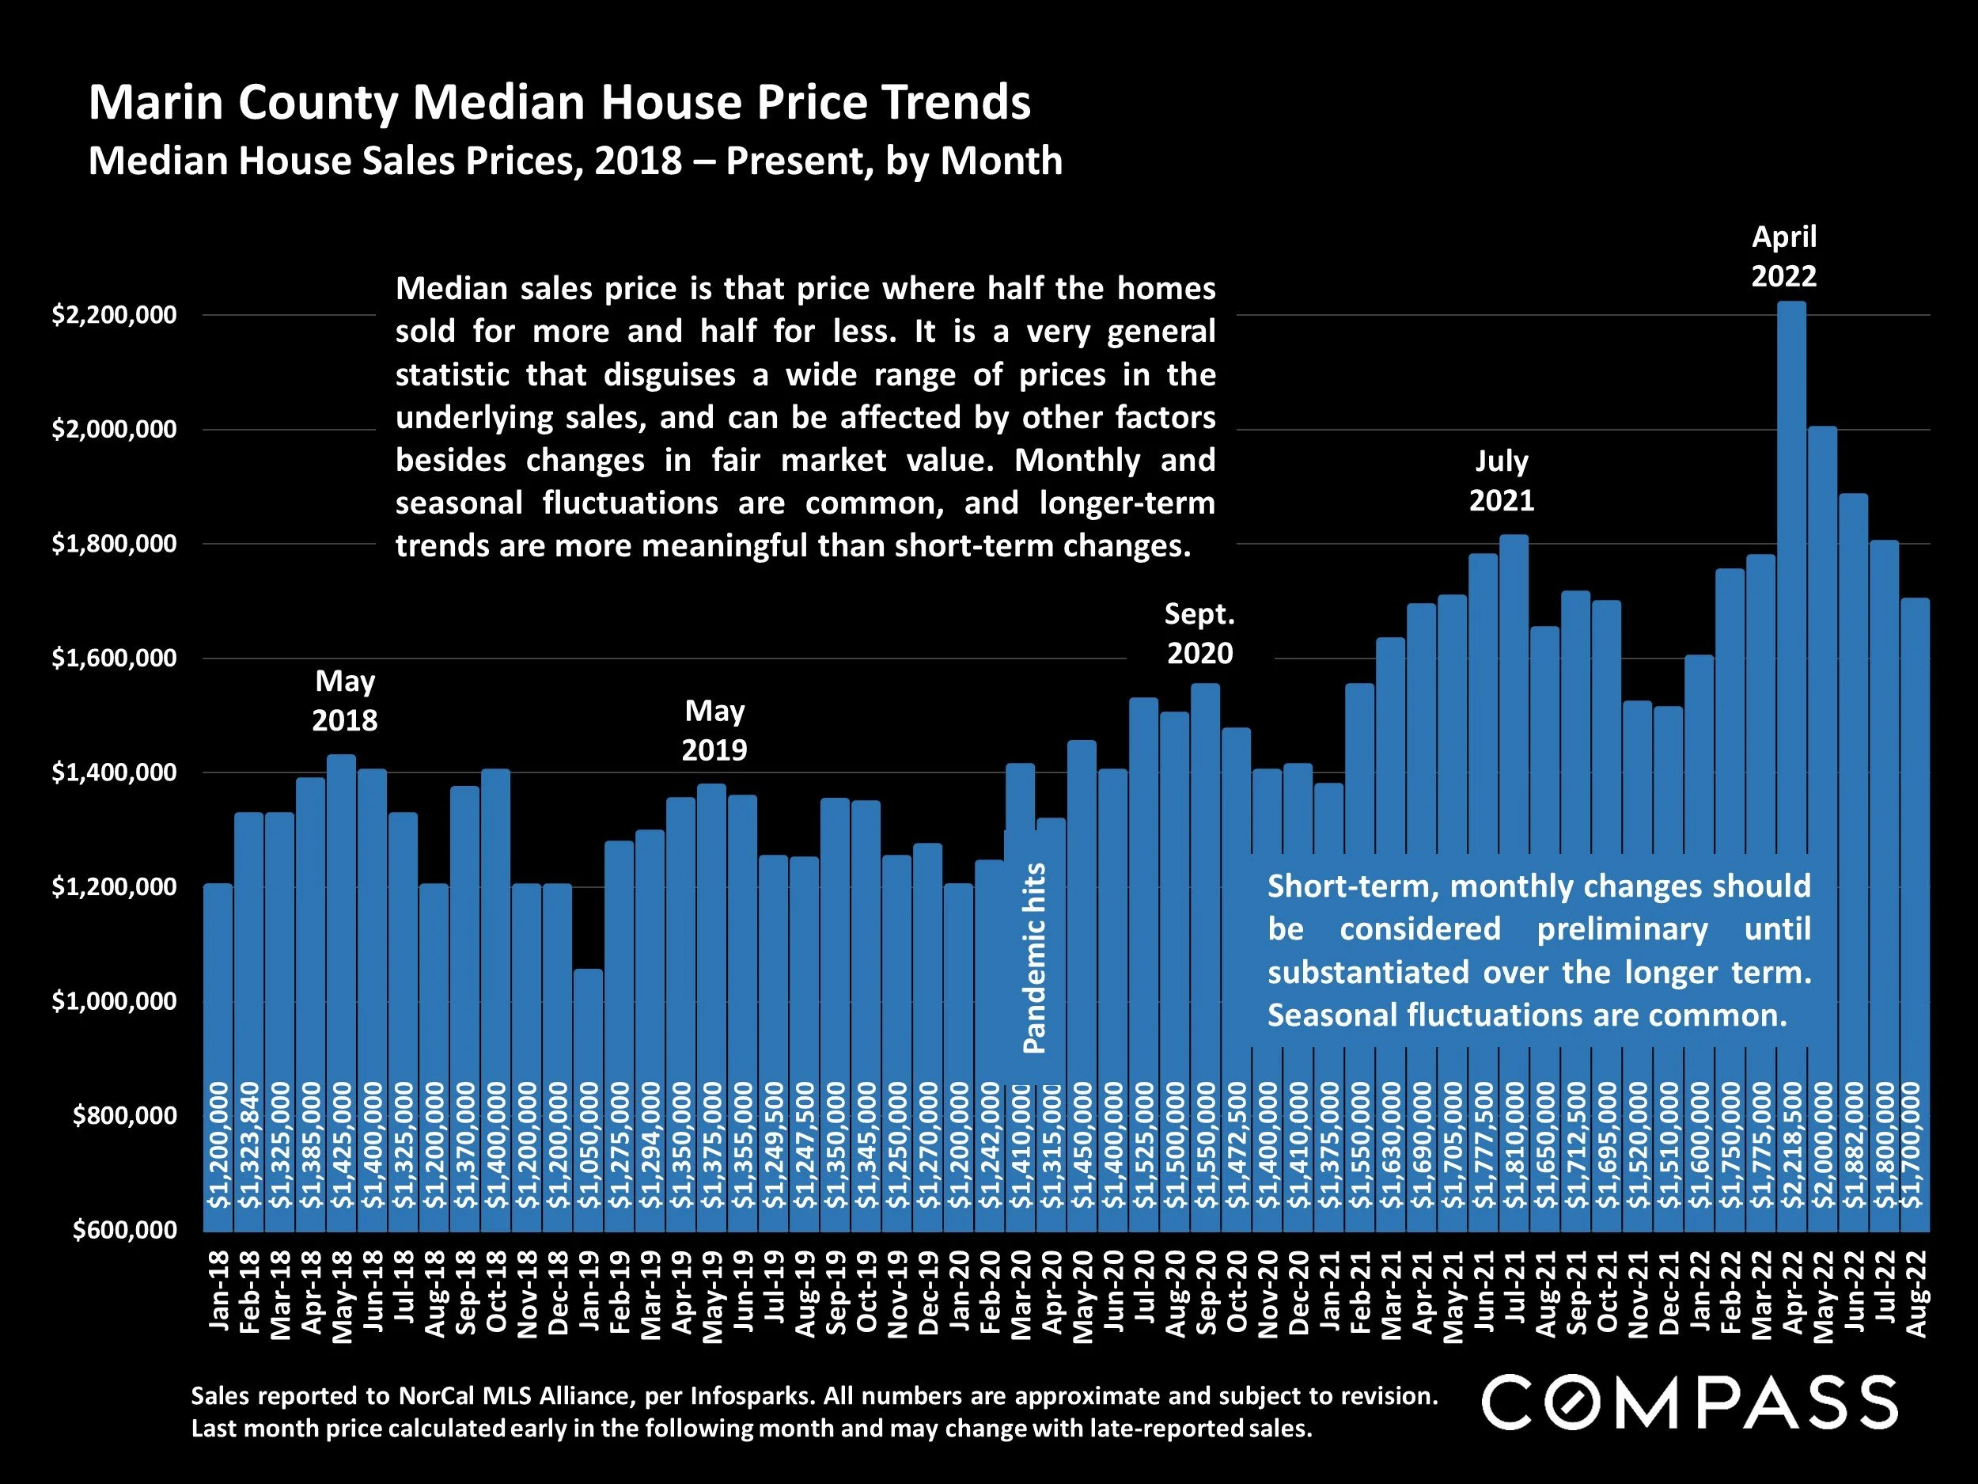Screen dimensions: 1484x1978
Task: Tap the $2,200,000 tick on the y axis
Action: coord(114,315)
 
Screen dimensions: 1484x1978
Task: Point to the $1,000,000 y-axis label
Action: coord(114,1001)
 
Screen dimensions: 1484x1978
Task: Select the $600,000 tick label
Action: coord(124,1230)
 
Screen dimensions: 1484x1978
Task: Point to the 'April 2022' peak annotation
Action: coord(1783,256)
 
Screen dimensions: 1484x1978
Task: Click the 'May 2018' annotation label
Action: coord(344,700)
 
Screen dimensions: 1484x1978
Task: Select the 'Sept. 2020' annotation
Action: coord(1199,633)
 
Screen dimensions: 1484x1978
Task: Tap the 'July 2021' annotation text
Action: coord(1502,480)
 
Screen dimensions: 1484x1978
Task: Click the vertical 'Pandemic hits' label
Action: coord(1034,957)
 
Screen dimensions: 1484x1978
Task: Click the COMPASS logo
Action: coord(1689,1402)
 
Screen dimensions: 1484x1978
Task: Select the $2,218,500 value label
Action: coord(1792,1145)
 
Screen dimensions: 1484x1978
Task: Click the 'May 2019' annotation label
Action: coord(714,730)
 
